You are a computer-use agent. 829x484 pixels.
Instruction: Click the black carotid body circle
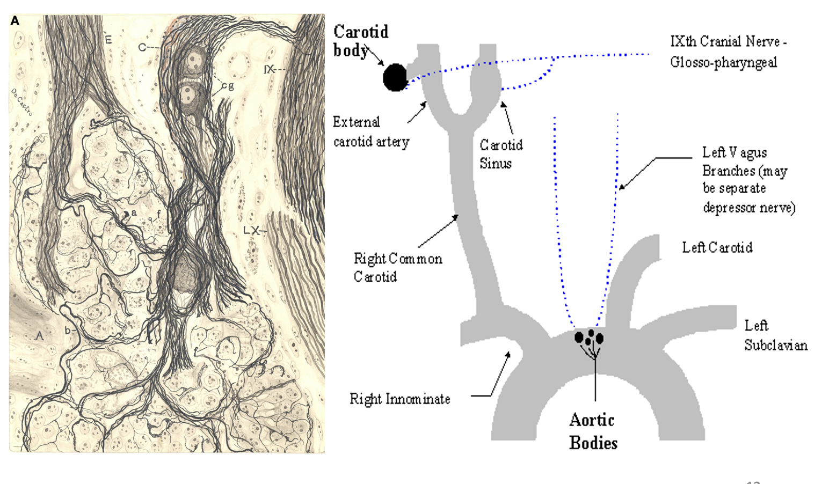[x=395, y=77]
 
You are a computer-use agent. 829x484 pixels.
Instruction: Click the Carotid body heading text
[x=360, y=40]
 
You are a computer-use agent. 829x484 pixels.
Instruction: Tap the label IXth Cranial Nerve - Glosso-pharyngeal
[x=728, y=52]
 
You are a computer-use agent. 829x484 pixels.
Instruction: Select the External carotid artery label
[x=371, y=132]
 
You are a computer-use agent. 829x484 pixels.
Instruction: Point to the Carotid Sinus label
[x=500, y=154]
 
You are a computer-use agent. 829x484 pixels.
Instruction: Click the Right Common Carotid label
[x=397, y=267]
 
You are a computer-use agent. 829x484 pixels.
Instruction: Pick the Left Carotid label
[x=717, y=247]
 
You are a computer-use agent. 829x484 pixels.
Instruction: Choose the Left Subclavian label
[x=775, y=335]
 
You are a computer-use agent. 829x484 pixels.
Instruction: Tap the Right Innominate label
[x=399, y=399]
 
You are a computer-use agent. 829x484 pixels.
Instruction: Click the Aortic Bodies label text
[x=593, y=431]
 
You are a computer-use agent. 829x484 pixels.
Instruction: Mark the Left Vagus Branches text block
[x=748, y=180]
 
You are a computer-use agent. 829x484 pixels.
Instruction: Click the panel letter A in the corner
[x=15, y=21]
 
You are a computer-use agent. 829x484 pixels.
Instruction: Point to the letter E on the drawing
[x=108, y=39]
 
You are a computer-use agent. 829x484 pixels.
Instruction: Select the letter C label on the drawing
[x=142, y=47]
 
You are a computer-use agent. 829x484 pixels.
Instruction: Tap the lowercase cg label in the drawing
[x=228, y=85]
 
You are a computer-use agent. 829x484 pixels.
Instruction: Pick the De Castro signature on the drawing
[x=22, y=102]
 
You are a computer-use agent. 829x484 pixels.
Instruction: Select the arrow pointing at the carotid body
[x=375, y=56]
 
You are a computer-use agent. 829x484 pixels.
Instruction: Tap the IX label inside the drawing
[x=269, y=69]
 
